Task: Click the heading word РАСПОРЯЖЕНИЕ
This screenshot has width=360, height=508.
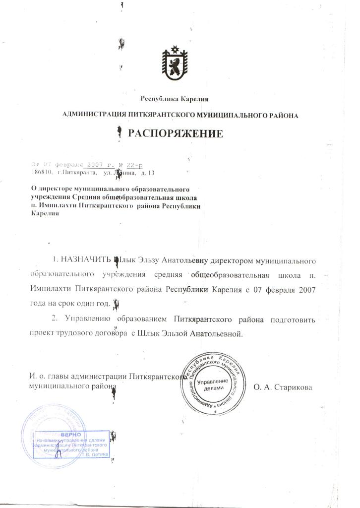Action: click(x=176, y=133)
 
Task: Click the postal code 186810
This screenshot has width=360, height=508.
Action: click(x=41, y=173)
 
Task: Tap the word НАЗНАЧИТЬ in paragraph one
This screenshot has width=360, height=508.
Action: click(x=86, y=260)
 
